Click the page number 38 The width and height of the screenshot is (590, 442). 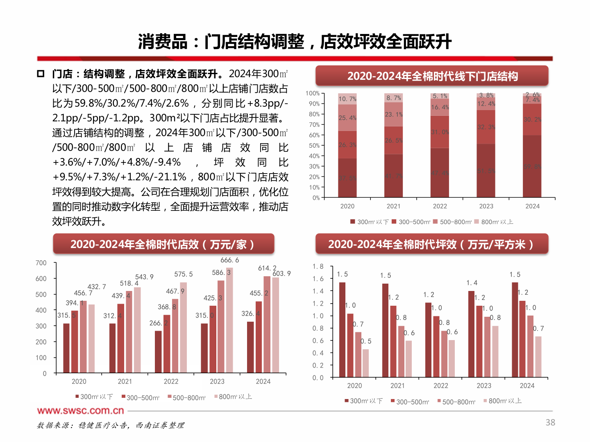[550, 422]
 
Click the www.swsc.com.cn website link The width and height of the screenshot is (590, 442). [80, 410]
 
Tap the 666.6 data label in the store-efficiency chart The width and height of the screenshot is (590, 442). [229, 260]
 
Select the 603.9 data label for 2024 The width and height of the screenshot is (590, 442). [281, 273]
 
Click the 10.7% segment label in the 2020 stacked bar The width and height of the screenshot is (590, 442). [347, 99]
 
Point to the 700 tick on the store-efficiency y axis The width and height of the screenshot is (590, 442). [41, 263]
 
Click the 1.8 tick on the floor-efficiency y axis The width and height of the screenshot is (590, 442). [318, 266]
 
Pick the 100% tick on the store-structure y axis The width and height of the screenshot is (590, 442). [312, 93]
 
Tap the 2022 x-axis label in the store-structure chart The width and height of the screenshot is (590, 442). [440, 206]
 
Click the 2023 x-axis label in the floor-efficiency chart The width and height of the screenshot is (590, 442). [484, 386]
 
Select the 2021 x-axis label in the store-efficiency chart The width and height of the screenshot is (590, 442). [125, 381]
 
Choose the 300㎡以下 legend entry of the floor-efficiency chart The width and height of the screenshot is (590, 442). [363, 401]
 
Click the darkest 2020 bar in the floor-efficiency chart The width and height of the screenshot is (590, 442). [342, 329]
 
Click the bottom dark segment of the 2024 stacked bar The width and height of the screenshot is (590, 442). [532, 166]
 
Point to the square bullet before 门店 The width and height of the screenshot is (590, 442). [41, 74]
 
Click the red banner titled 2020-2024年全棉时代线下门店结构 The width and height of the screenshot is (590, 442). [432, 76]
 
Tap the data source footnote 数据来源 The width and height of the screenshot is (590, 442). [111, 426]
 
